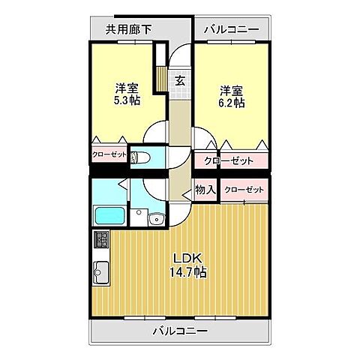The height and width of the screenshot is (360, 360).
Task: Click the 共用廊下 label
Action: tap(127, 29)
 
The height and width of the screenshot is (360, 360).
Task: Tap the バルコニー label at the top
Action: tap(232, 29)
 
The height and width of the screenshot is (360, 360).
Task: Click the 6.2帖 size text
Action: tap(230, 103)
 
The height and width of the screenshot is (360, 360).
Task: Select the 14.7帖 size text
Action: tap(187, 272)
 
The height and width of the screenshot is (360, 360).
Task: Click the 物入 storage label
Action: tap(205, 190)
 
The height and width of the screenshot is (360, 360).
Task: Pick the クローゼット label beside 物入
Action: tap(244, 190)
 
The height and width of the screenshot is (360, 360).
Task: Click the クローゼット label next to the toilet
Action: tap(109, 155)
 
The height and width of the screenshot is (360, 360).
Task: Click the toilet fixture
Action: tap(139, 157)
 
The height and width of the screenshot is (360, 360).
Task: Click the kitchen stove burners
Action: tap(100, 240)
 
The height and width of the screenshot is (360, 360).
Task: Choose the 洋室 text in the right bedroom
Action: tap(230, 89)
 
